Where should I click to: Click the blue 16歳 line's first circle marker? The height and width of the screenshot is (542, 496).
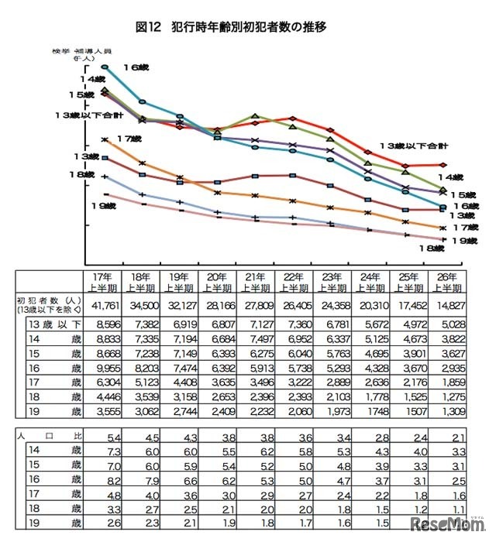click(105, 67)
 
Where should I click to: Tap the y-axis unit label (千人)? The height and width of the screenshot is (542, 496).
click(83, 58)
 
